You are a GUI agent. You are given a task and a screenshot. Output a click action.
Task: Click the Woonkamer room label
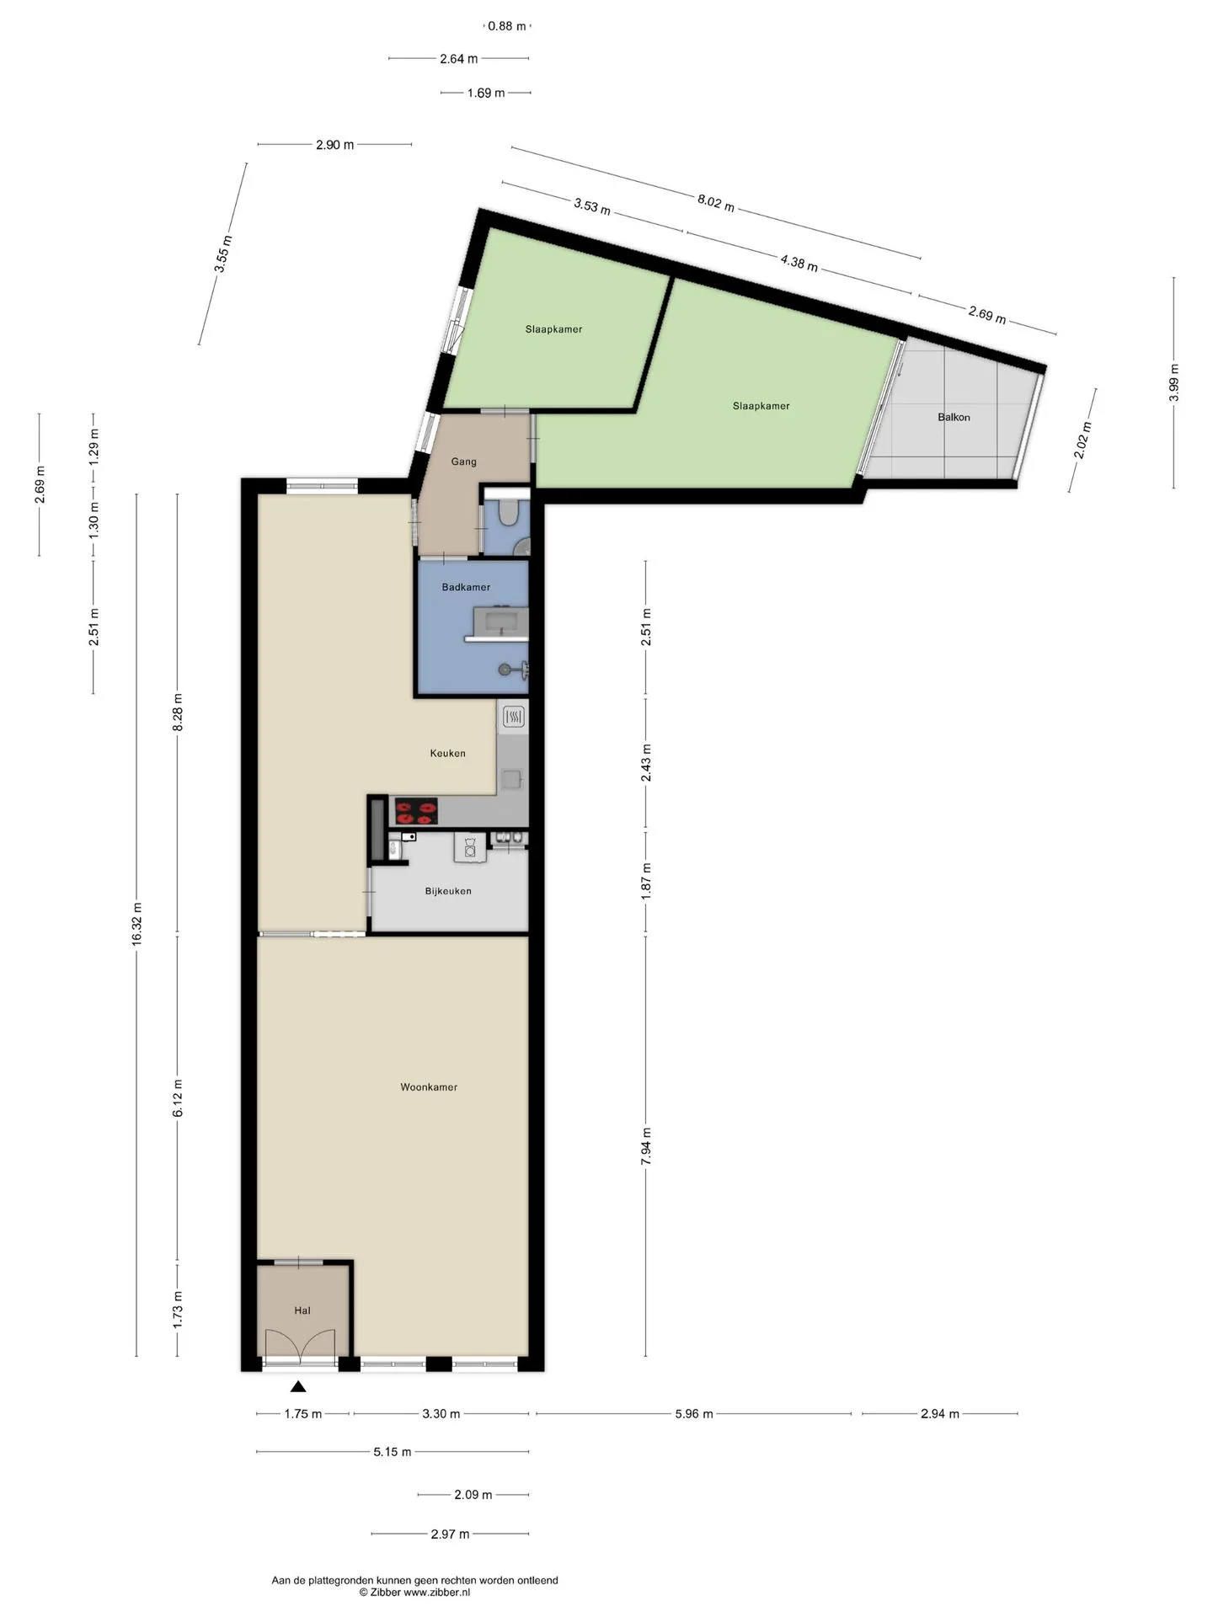coord(429,1087)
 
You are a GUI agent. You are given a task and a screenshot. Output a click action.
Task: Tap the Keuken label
coord(447,753)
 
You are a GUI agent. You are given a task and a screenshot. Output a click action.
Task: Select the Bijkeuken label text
coord(448,891)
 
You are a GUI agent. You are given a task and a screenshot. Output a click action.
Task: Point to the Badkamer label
coord(466,587)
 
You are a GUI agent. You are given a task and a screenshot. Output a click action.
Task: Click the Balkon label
coord(954,417)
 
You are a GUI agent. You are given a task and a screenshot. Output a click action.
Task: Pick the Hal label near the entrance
coord(302,1310)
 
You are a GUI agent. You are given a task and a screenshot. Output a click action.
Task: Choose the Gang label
coord(463,462)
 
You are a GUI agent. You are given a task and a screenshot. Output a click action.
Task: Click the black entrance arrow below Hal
coord(298,1387)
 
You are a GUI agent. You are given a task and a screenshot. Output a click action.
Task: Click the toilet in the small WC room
coord(508,513)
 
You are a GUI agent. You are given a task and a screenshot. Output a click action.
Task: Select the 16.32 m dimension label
coord(136,925)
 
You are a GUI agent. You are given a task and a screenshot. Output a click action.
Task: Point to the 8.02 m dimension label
coord(715,203)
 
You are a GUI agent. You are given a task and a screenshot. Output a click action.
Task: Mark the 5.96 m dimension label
coord(694,1414)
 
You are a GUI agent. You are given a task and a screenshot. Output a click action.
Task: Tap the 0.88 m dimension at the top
coord(507,26)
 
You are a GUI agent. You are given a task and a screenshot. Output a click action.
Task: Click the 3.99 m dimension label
coord(1174,383)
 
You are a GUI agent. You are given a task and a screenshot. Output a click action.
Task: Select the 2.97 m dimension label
coord(450,1534)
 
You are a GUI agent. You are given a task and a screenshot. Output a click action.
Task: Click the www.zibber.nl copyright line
coord(414,1593)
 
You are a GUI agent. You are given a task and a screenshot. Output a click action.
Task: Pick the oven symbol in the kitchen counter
coord(513,718)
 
